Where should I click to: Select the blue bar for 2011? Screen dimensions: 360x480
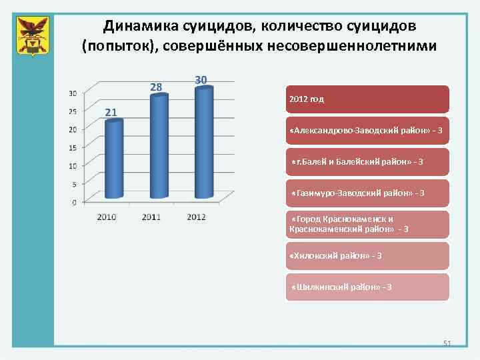(x=159, y=146)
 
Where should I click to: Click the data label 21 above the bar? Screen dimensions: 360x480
(x=111, y=112)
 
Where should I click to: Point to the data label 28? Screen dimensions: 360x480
(x=155, y=87)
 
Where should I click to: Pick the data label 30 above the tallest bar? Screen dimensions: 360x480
(x=201, y=79)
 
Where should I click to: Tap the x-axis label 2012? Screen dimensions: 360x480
(x=195, y=217)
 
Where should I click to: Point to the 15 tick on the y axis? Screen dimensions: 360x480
(x=73, y=147)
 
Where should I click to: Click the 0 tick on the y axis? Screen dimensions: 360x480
(x=74, y=202)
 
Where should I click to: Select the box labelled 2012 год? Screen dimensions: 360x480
(x=367, y=99)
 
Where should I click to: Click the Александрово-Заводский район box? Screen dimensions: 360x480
(x=367, y=131)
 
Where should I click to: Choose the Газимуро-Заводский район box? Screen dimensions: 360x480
(x=367, y=193)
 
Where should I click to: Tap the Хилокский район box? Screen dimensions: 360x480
(x=367, y=256)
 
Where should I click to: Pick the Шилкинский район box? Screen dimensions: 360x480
(x=367, y=287)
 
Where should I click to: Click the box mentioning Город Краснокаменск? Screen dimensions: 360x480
(x=367, y=225)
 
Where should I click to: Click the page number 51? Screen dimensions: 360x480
(x=447, y=343)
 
